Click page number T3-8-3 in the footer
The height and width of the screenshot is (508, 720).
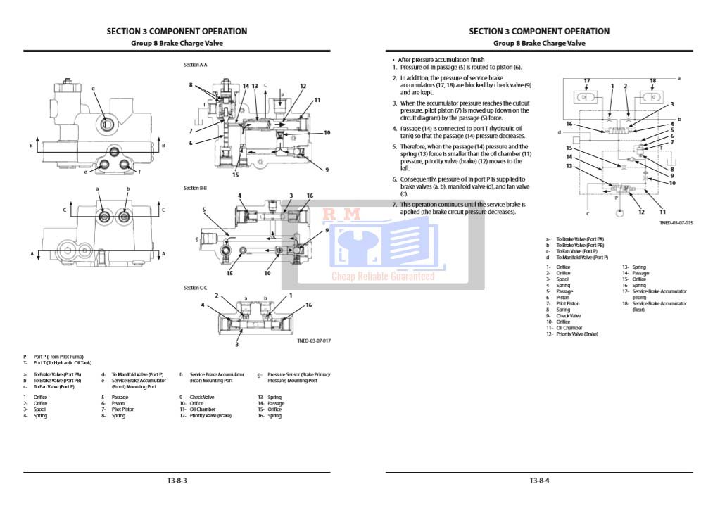click(177, 481)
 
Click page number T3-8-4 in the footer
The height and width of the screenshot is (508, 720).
click(539, 481)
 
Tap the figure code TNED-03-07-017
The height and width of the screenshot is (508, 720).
click(314, 341)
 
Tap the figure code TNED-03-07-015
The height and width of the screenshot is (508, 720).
click(676, 223)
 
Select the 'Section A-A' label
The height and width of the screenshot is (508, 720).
click(195, 65)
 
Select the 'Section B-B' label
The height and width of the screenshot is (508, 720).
click(195, 188)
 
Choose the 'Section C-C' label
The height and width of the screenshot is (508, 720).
click(195, 288)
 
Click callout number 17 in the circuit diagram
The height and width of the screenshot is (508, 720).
click(586, 81)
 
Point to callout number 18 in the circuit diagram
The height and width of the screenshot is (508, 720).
click(652, 81)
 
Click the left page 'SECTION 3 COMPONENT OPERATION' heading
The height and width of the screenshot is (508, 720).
click(177, 31)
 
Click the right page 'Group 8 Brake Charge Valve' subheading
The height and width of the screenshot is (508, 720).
click(539, 43)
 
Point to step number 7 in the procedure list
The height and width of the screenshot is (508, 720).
click(395, 204)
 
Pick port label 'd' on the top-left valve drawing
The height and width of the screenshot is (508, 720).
click(93, 89)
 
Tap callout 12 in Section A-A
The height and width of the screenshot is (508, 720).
click(303, 87)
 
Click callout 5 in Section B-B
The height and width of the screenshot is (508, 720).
click(203, 209)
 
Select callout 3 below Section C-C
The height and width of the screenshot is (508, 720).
click(237, 344)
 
